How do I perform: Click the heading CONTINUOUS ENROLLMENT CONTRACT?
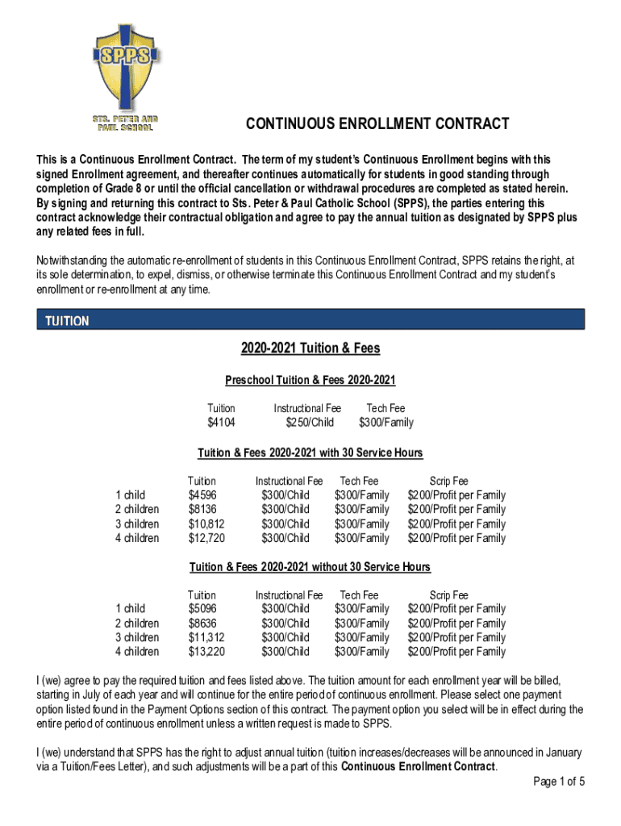[377, 123]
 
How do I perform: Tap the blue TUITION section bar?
[310, 320]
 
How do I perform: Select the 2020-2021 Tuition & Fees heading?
[310, 348]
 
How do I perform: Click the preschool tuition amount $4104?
[221, 423]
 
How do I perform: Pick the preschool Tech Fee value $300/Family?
[386, 423]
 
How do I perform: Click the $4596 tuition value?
[202, 494]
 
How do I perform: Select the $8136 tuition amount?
[202, 509]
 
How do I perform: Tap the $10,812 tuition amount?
[206, 524]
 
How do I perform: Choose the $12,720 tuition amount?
[206, 538]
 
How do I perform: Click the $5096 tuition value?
[202, 608]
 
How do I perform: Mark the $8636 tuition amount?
[202, 624]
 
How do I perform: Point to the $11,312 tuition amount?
[206, 637]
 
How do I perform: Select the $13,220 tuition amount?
[206, 652]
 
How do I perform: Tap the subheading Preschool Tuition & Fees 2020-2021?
[310, 380]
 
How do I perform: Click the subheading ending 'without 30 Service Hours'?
[310, 566]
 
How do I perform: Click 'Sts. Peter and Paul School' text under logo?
[123, 123]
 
